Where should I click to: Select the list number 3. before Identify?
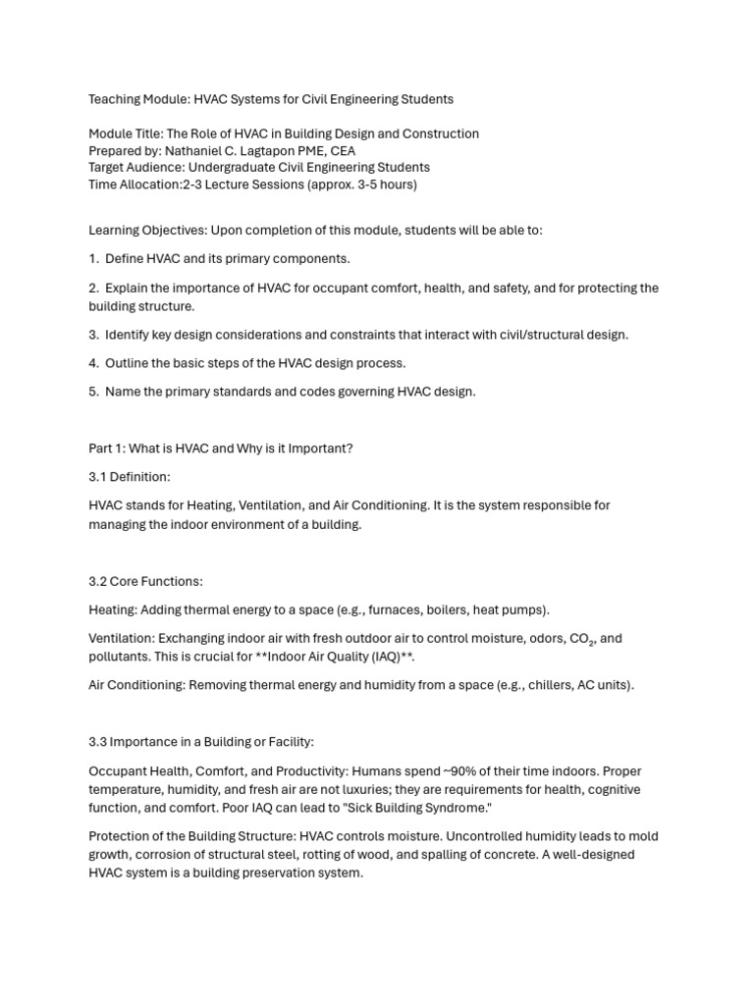[x=94, y=335]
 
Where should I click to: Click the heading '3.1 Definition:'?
[x=130, y=477]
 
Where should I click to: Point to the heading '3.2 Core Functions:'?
[x=145, y=581]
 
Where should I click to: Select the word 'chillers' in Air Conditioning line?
[x=548, y=685]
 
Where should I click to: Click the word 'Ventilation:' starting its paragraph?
[x=121, y=639]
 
